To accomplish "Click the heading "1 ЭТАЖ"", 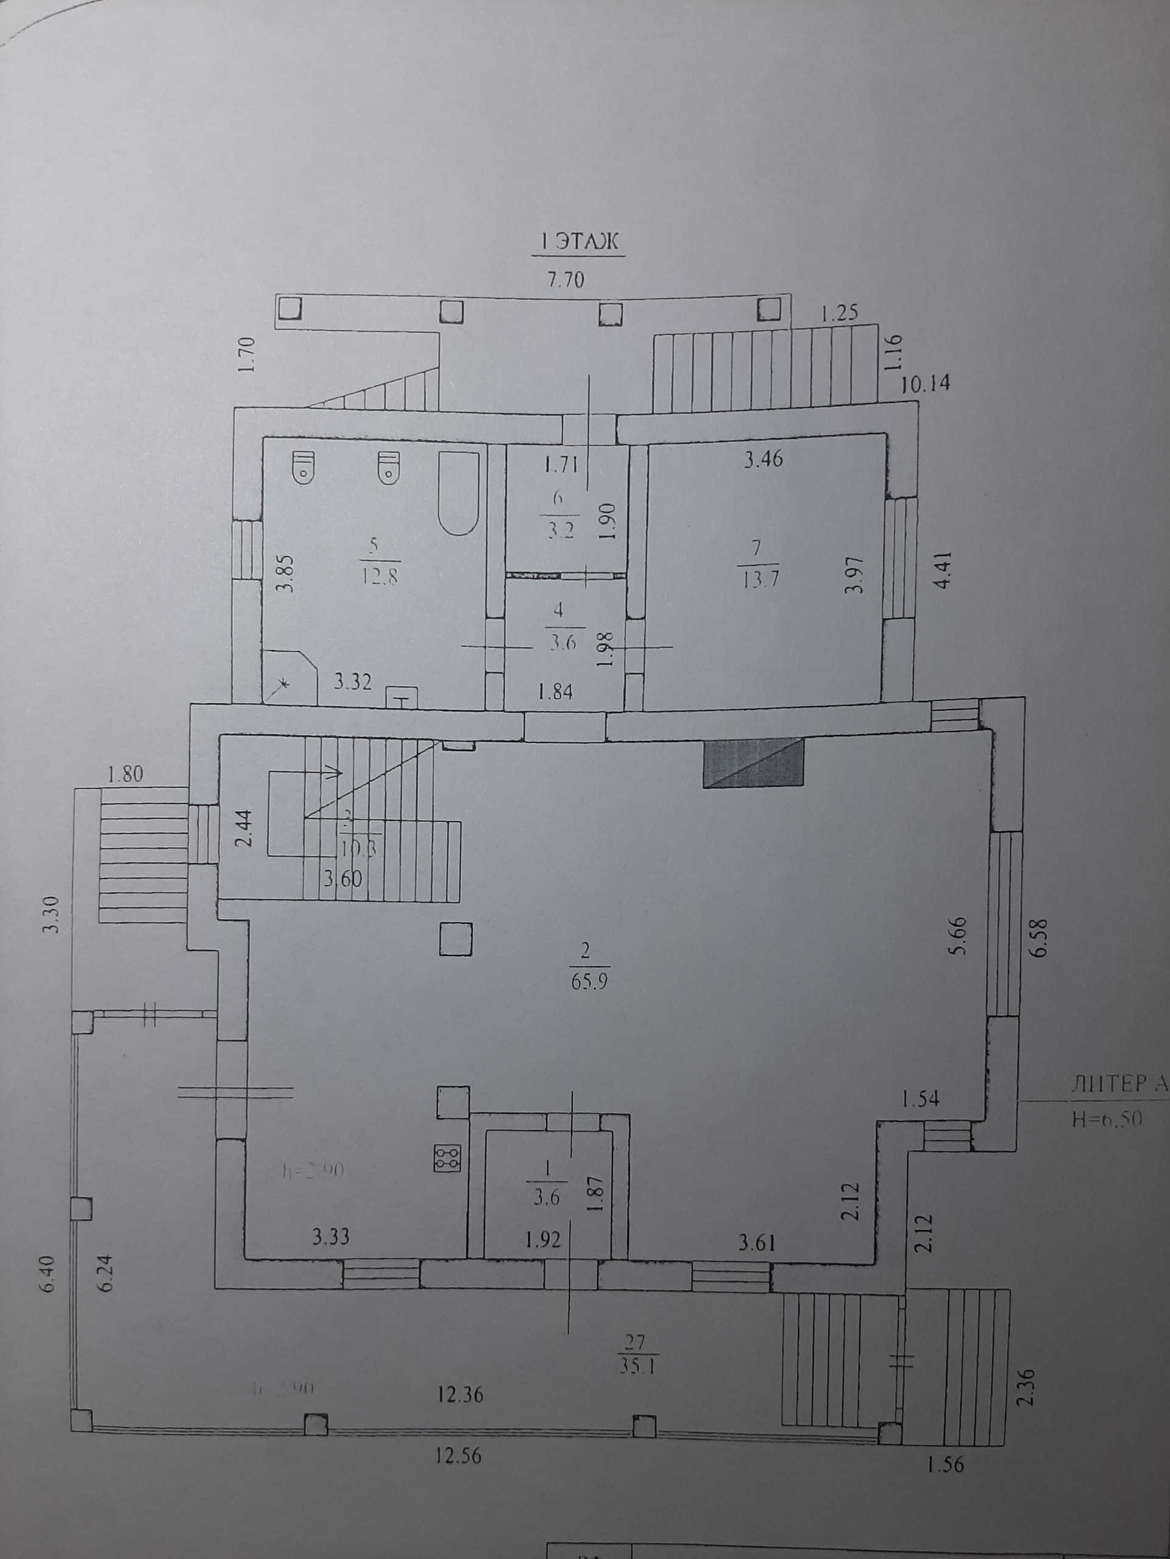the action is [578, 243].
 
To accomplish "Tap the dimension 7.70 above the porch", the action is [565, 280].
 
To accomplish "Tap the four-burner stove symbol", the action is [448, 1156].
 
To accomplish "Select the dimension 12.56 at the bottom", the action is [458, 1455].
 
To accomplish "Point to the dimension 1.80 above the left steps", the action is [125, 775].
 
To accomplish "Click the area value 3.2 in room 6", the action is [561, 530].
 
